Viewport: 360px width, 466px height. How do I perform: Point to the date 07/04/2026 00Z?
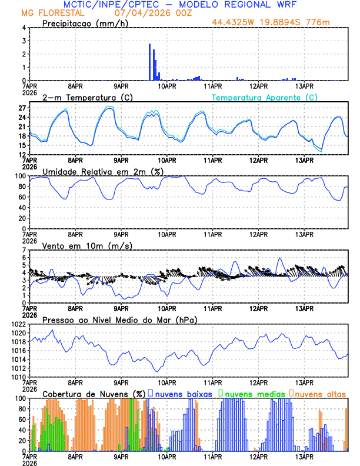pyautogui.click(x=149, y=12)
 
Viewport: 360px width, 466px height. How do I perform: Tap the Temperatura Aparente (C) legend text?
pyautogui.click(x=265, y=97)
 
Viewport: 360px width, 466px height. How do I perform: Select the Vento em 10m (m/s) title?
pyautogui.click(x=87, y=245)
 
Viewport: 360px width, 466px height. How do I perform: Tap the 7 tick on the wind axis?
pyautogui.click(x=24, y=250)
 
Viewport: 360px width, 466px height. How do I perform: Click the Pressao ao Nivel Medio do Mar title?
pyautogui.click(x=119, y=319)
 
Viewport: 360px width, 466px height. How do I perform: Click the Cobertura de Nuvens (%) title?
pyautogui.click(x=94, y=393)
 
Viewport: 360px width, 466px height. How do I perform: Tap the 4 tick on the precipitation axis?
pyautogui.click(x=24, y=28)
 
